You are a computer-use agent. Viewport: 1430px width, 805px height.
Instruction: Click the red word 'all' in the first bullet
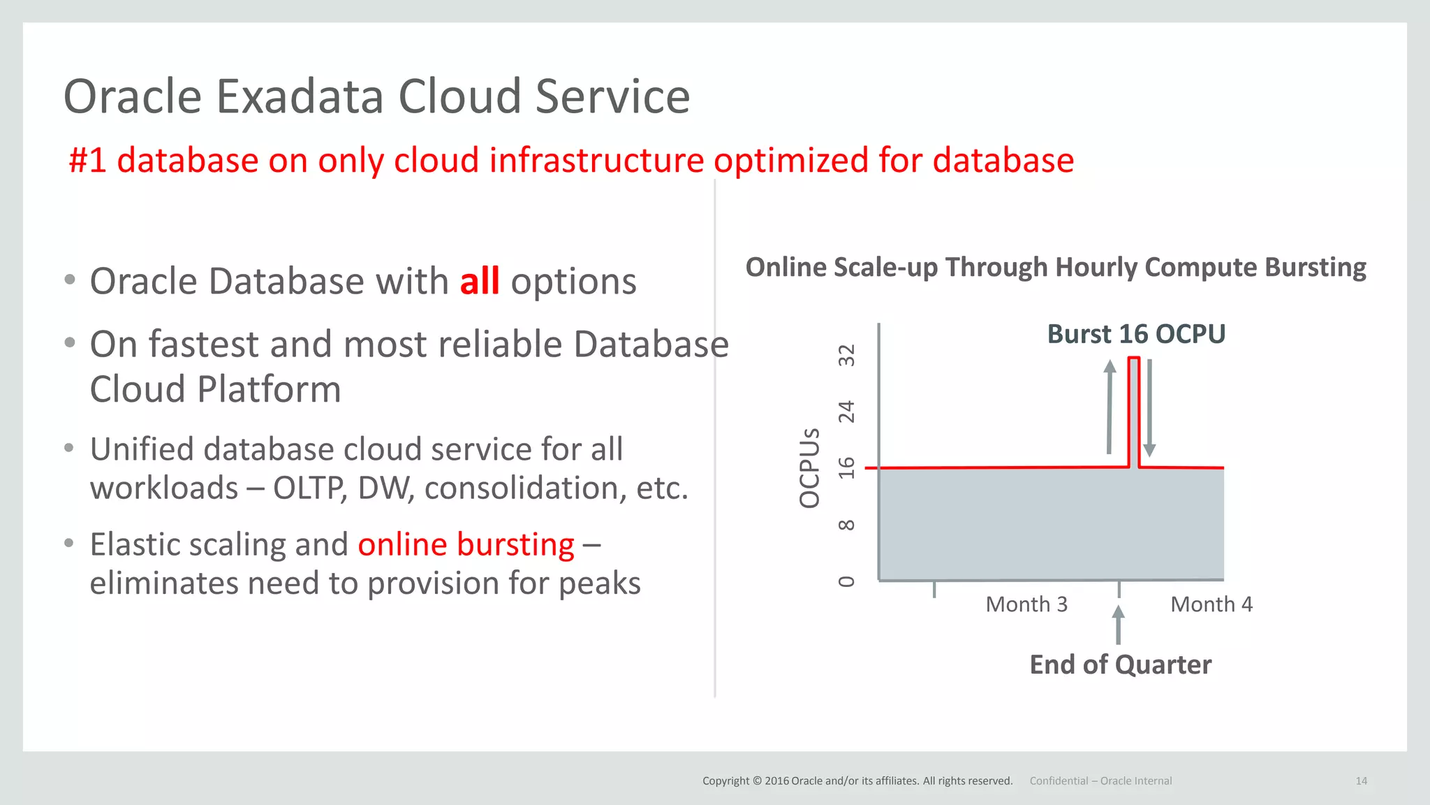pyautogui.click(x=480, y=282)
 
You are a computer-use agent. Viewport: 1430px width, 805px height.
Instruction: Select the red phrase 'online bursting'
pyautogui.click(x=466, y=544)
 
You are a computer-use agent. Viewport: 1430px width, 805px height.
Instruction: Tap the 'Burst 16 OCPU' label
pyautogui.click(x=1136, y=334)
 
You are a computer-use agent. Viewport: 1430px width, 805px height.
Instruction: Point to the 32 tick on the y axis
pyautogui.click(x=846, y=356)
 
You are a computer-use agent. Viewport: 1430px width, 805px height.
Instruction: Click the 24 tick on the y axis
pyautogui.click(x=846, y=412)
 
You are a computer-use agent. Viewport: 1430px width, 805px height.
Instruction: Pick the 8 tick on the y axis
pyautogui.click(x=846, y=525)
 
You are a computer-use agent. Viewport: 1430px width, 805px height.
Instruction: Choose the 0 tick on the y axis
pyautogui.click(x=846, y=581)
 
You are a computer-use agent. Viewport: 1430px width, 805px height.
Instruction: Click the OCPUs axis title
pyautogui.click(x=809, y=468)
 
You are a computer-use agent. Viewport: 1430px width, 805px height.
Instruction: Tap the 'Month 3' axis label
pyautogui.click(x=1026, y=604)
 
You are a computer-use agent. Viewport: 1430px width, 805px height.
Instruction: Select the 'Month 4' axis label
pyautogui.click(x=1211, y=604)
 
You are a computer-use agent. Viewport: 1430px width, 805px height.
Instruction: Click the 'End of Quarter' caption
pyautogui.click(x=1120, y=665)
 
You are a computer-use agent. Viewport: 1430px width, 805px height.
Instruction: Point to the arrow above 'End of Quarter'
pyautogui.click(x=1118, y=624)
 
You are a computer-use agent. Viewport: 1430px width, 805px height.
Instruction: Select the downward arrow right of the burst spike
pyautogui.click(x=1149, y=408)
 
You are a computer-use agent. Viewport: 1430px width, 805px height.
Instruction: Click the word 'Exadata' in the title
pyautogui.click(x=300, y=96)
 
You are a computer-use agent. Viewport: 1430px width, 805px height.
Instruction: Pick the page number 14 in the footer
pyautogui.click(x=1361, y=781)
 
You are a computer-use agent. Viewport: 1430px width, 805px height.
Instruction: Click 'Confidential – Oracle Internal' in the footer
pyautogui.click(x=1100, y=781)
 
